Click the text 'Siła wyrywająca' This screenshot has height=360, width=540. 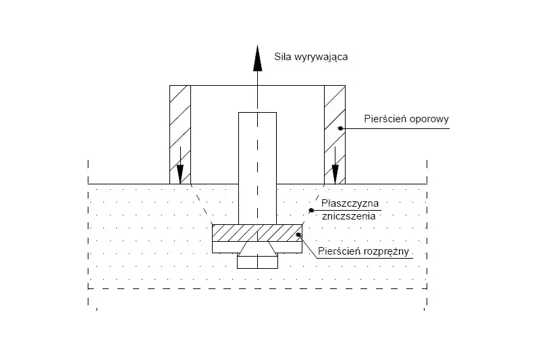pyautogui.click(x=311, y=57)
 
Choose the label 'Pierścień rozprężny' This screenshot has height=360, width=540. pyautogui.click(x=364, y=251)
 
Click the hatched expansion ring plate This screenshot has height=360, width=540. pyautogui.click(x=257, y=233)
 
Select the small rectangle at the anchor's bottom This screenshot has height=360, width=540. pyautogui.click(x=257, y=263)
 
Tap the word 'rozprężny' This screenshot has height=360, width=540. pyautogui.click(x=389, y=251)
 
